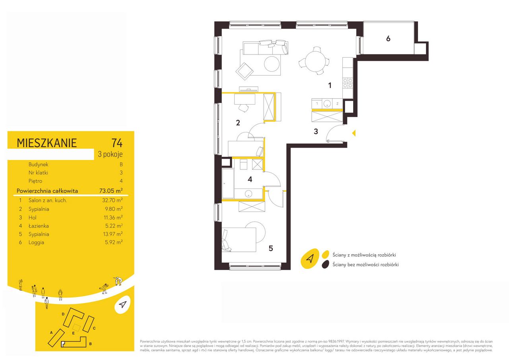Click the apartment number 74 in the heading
tap(117, 143)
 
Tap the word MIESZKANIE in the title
tap(47, 143)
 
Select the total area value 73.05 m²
tap(111, 191)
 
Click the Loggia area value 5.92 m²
tap(114, 242)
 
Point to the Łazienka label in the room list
tap(39, 226)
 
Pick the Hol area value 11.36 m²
tap(113, 218)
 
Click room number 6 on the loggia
tap(389, 39)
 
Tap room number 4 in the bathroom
tap(250, 179)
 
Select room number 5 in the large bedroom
tap(271, 248)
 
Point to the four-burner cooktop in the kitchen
tap(348, 83)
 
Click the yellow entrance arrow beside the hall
tap(354, 133)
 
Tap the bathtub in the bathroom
tap(228, 183)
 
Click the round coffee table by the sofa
tap(272, 64)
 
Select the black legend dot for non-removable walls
tap(325, 265)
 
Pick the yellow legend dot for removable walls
tap(326, 254)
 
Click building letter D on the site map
tap(63, 314)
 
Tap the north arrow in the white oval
tap(122, 305)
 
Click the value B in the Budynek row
tap(121, 164)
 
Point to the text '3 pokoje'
tap(110, 154)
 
